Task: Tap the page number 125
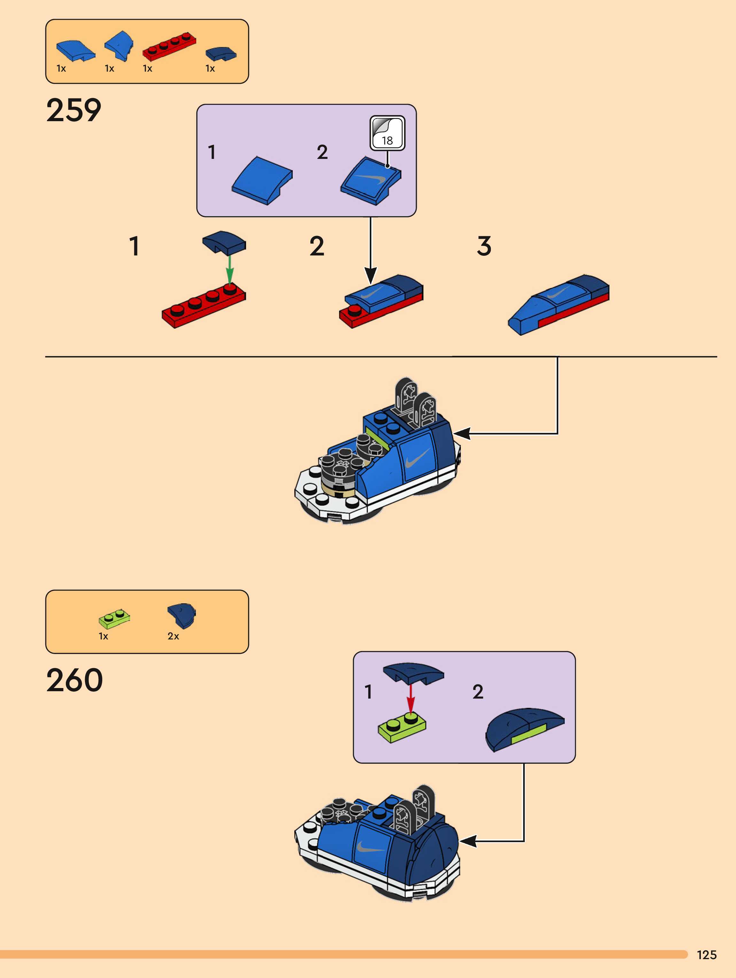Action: coord(706,955)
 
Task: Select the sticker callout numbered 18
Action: coord(387,133)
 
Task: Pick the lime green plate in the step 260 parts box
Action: coord(114,618)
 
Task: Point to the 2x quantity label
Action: coord(173,636)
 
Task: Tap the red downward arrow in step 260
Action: coord(411,699)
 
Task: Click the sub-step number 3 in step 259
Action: coord(484,246)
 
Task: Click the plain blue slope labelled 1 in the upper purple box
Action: coord(262,180)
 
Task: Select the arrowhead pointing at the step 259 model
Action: coord(462,434)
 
